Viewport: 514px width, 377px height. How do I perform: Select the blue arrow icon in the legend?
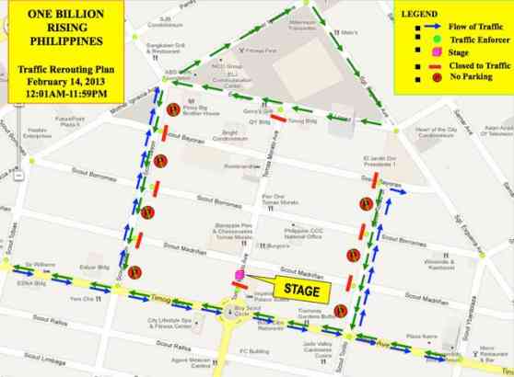click(420, 29)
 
